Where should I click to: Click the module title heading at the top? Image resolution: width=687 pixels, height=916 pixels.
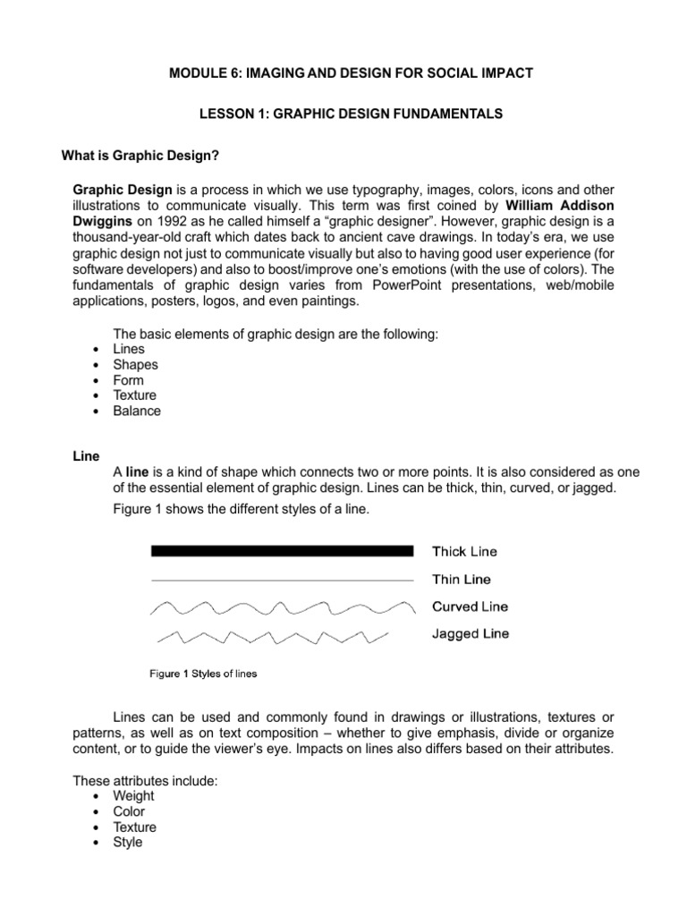(351, 72)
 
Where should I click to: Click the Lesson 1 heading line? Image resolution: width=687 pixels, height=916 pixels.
(351, 114)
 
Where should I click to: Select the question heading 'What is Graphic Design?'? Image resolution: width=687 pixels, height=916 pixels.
(140, 156)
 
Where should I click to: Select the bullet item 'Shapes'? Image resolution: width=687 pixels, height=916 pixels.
(135, 364)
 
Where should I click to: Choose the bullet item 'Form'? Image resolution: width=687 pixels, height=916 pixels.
(128, 380)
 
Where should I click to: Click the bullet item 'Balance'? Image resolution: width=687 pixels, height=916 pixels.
(137, 411)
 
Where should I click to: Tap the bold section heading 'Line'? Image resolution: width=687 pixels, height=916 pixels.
(85, 456)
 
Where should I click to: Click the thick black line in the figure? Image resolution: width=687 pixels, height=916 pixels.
(282, 551)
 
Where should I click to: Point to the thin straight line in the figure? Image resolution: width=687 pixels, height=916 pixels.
(282, 580)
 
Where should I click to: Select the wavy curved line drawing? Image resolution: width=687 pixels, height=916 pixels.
(282, 608)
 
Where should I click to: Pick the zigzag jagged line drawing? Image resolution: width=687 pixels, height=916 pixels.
(273, 636)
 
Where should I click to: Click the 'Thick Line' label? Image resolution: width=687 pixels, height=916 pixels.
(465, 552)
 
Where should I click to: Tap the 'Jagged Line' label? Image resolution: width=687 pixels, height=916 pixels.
(471, 633)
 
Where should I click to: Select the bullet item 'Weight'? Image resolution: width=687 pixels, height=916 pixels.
(133, 795)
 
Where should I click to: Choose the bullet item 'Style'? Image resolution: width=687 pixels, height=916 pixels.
(127, 843)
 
